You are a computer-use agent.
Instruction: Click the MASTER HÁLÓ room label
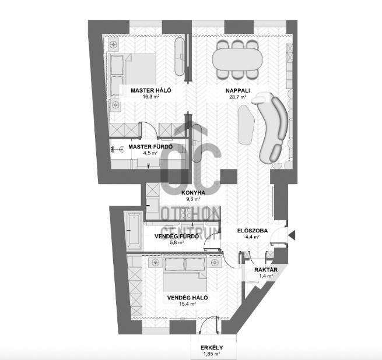pos(151,90)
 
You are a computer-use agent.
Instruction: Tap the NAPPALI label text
pos(237,90)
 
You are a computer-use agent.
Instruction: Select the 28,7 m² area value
pos(237,97)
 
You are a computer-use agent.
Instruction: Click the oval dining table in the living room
pos(237,59)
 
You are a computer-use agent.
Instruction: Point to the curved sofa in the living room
pos(273,126)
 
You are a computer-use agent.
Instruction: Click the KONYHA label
pos(193,193)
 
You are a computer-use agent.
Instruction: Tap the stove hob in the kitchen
pos(187,213)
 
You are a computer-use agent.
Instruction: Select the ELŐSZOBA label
pos(253,231)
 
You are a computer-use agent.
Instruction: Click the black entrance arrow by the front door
pos(292,235)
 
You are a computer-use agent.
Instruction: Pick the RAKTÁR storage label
pos(266,270)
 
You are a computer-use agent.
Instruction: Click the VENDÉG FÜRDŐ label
pos(177,236)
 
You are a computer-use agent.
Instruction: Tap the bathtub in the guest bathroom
pos(134,231)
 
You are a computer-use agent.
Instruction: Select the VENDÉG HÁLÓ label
pos(187,298)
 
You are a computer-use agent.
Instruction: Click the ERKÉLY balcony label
pos(212,348)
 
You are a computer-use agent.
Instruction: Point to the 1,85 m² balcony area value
pos(212,354)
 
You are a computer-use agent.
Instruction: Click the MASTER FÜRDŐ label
pos(150,147)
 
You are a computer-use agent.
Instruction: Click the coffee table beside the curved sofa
pos(246,125)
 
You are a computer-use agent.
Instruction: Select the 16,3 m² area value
pos(151,97)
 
